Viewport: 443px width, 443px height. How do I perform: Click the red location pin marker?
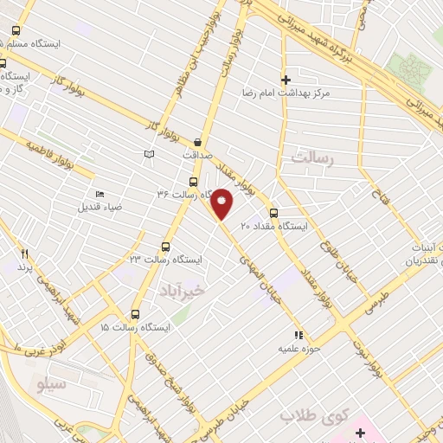222,204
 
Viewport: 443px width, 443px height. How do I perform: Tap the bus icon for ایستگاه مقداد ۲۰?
273,212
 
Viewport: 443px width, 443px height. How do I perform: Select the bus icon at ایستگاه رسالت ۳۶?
192,182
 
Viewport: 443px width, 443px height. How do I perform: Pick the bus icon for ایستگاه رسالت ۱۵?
134,314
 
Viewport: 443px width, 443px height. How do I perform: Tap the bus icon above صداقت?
198,142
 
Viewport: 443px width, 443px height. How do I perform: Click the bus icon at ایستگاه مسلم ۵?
16,30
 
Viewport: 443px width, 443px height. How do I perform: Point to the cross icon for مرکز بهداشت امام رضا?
286,79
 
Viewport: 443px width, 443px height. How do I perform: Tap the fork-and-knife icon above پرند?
24,254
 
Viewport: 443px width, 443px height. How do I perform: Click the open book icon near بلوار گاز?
149,153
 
